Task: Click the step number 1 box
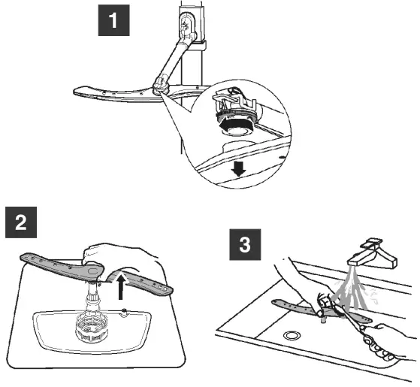point(114,20)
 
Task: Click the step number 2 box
point(21,222)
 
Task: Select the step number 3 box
point(245,244)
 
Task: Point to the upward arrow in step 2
point(121,288)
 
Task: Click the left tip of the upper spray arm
point(74,92)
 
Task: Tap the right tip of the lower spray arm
point(172,290)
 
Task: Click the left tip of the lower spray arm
point(21,257)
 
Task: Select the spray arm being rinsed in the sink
point(322,310)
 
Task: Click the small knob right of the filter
point(124,312)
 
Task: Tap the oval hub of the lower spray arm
point(92,271)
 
